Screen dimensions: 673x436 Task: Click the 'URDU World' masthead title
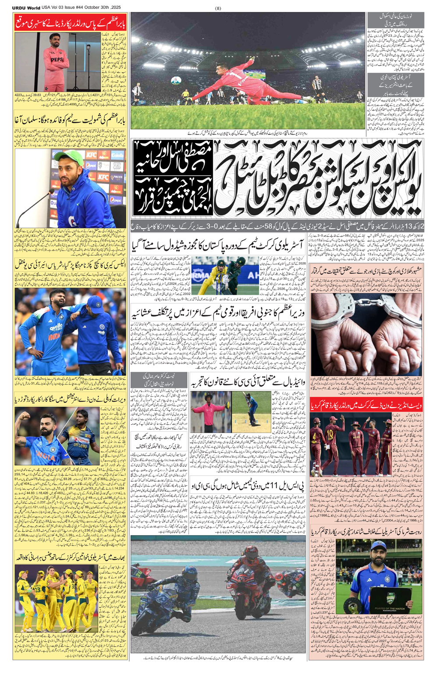[x=26, y=7]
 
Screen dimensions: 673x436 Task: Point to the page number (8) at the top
[x=218, y=8]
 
